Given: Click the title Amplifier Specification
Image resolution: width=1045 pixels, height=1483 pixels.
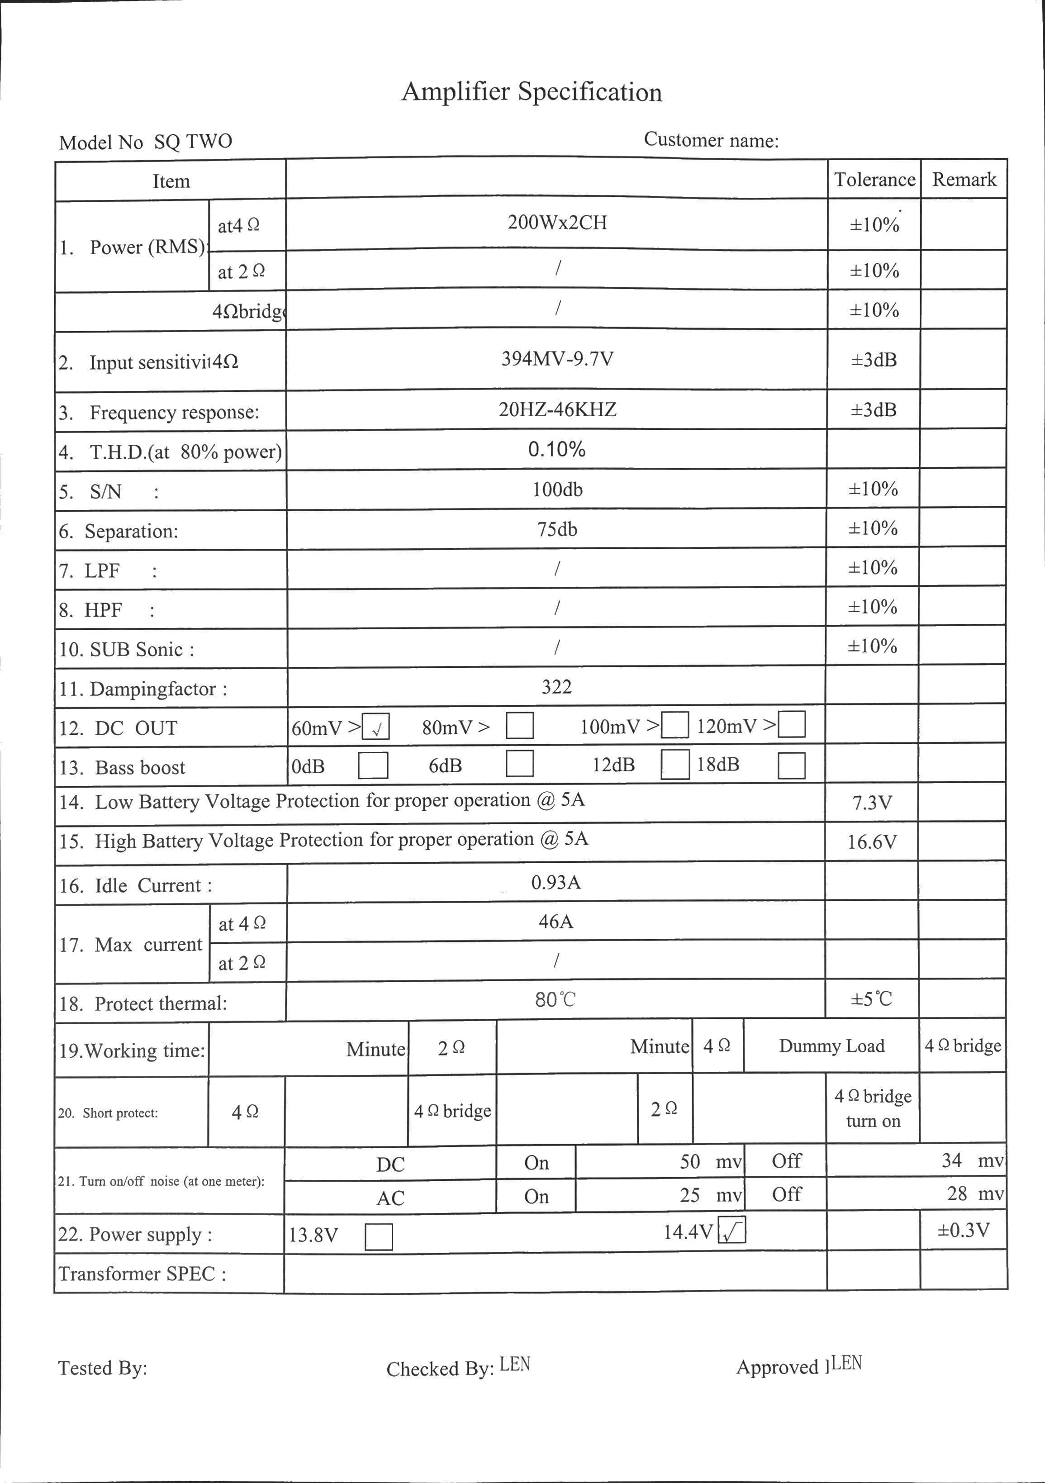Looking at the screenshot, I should point(532,92).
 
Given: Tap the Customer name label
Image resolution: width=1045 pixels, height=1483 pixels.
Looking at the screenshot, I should point(711,140).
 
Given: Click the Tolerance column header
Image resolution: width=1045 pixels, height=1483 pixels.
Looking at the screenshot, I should point(874,180).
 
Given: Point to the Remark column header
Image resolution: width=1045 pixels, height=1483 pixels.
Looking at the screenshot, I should point(964,180).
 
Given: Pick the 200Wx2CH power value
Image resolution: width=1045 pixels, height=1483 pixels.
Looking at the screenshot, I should point(557,223).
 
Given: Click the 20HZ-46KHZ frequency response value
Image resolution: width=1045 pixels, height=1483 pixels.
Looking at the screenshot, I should point(557,409).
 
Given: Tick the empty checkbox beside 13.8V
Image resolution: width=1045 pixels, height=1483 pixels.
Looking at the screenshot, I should point(379,1237).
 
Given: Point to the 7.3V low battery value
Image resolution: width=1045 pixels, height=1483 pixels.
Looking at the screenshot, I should point(872,803).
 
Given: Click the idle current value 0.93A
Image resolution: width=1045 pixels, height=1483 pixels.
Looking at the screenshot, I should point(556,882).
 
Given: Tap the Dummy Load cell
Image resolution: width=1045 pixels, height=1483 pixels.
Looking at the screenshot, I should point(831,1046).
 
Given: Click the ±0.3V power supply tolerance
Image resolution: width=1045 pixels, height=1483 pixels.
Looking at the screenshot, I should point(963,1230).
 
